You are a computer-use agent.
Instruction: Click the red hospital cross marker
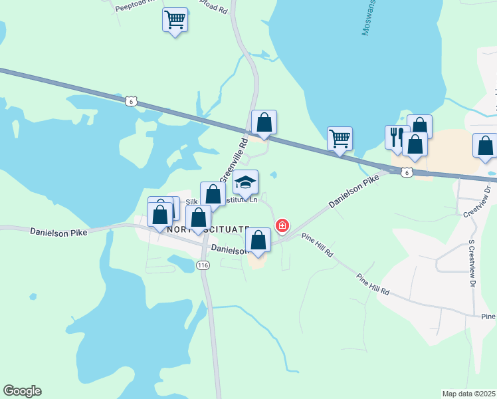pyautogui.click(x=282, y=226)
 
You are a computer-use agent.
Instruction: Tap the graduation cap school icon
pyautogui.click(x=245, y=183)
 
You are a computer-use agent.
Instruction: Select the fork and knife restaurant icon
pyautogui.click(x=397, y=136)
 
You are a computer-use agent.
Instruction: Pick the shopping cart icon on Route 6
pyautogui.click(x=340, y=139)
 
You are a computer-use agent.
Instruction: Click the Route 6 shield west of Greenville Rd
pyautogui.click(x=131, y=101)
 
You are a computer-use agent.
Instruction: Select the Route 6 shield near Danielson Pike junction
pyautogui.click(x=407, y=172)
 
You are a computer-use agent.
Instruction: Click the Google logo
pyautogui.click(x=22, y=391)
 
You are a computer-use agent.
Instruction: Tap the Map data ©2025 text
pyautogui.click(x=469, y=393)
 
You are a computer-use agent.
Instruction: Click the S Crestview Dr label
pyautogui.click(x=472, y=262)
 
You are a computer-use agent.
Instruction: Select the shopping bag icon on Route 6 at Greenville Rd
pyautogui.click(x=264, y=122)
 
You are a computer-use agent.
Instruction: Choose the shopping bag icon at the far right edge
pyautogui.click(x=485, y=146)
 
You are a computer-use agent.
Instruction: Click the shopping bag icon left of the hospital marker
pyautogui.click(x=258, y=240)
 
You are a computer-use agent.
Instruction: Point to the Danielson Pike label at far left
pyautogui.click(x=58, y=231)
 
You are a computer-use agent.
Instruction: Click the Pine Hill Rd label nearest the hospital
pyautogui.click(x=317, y=245)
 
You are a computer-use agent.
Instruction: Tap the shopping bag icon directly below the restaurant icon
pyautogui.click(x=415, y=144)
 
